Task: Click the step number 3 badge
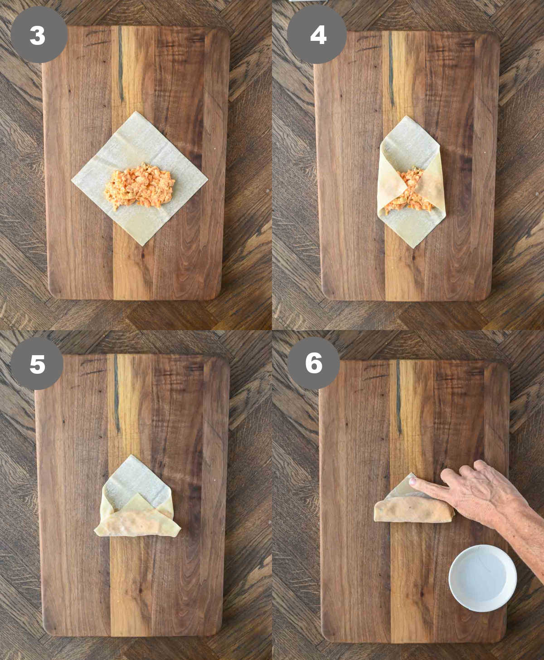point(38,35)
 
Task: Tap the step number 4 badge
point(317,34)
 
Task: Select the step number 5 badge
point(37,363)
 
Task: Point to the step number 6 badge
point(314,363)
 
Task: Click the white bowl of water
point(482,577)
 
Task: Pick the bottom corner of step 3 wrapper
point(142,245)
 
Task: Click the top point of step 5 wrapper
point(131,455)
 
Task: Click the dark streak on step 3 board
point(121,64)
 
